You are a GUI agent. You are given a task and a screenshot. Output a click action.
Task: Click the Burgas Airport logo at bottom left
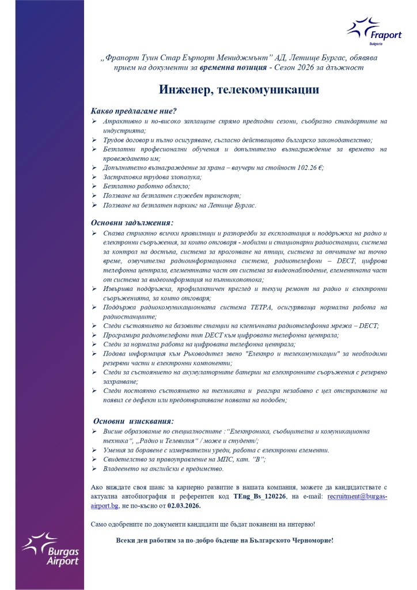(50, 550)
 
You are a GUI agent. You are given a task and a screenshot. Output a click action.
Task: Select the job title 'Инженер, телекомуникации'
(239, 90)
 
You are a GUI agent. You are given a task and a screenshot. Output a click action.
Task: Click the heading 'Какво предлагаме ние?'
(134, 111)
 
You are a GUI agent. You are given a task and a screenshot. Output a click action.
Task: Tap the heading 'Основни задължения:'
(132, 222)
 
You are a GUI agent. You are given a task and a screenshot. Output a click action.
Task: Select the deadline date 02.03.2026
(184, 505)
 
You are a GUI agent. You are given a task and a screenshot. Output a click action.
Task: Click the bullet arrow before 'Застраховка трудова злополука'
(94, 177)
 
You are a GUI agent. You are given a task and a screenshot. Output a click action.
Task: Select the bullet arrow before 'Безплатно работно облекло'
(94, 187)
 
